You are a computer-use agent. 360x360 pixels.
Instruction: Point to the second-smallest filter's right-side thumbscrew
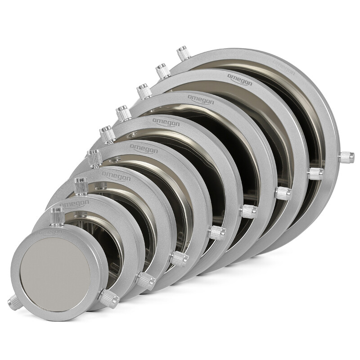point(145,279)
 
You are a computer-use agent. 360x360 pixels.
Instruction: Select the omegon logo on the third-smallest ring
point(116,175)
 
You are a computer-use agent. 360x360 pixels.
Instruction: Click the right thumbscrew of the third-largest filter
point(283,193)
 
